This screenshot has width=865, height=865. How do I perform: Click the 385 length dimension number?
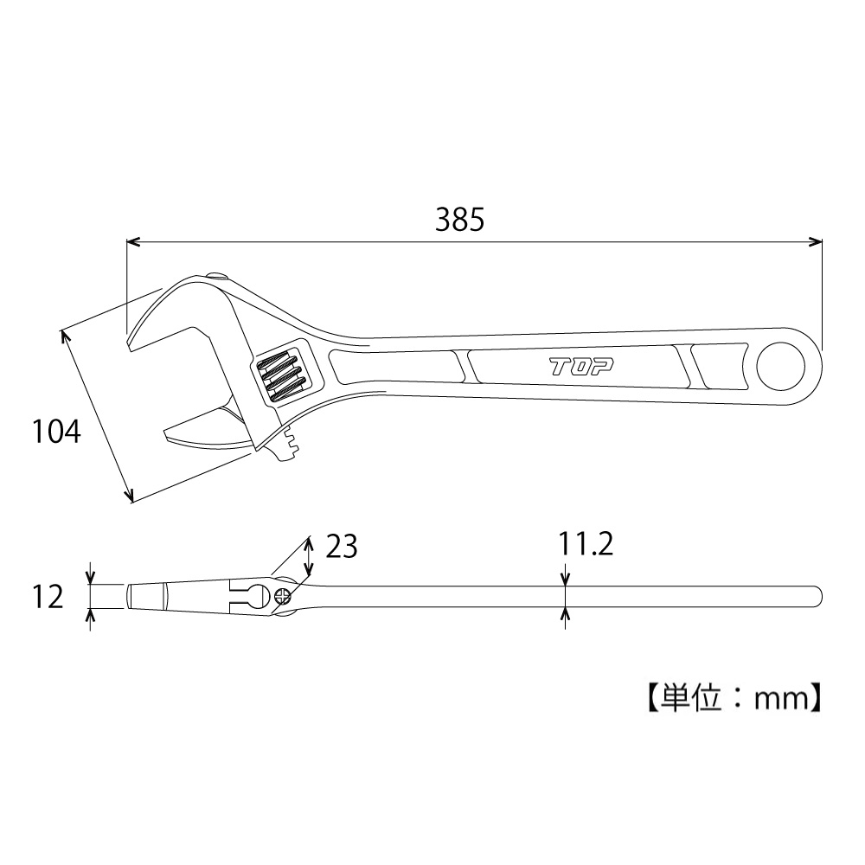459,220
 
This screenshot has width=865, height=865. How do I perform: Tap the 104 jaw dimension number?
56,432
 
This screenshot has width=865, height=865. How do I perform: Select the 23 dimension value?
342,547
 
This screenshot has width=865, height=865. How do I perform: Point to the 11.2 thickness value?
586,544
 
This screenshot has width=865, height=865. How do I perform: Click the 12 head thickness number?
48,597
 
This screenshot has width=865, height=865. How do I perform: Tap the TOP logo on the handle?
581,366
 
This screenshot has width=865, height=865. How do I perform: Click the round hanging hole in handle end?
781,366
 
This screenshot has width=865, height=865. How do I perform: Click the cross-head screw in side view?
283,596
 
